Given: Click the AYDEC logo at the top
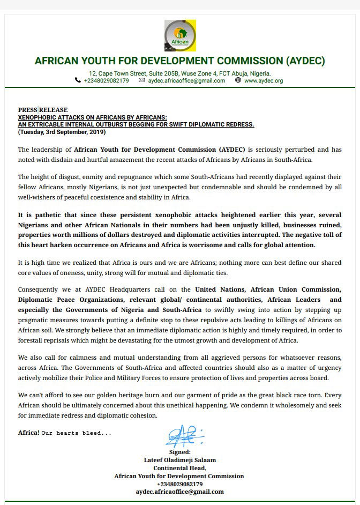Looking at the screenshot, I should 180,35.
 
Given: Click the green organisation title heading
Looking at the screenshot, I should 179,60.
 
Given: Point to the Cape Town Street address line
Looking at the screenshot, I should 180,73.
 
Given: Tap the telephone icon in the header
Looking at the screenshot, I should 78,80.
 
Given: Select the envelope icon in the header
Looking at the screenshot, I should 141,80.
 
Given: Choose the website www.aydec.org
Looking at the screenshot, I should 263,81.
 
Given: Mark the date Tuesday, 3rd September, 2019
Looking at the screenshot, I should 62,131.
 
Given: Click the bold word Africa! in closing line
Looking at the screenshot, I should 28,432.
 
